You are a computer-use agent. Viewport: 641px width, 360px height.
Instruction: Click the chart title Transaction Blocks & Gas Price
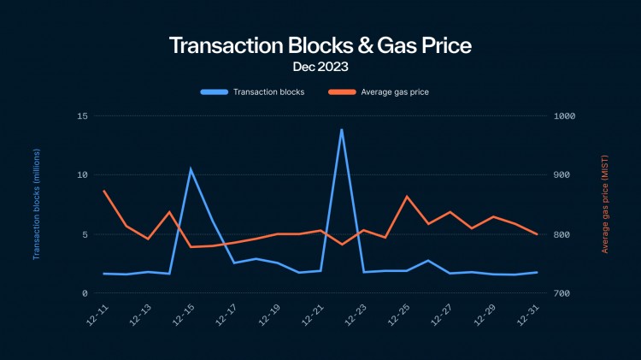click(x=320, y=45)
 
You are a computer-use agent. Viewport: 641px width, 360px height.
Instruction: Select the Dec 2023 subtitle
click(x=320, y=66)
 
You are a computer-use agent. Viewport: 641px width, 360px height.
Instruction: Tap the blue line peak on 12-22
click(x=342, y=130)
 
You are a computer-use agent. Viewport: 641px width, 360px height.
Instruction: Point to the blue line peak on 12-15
click(x=191, y=168)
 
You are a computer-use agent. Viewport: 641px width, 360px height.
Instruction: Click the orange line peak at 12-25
click(x=407, y=197)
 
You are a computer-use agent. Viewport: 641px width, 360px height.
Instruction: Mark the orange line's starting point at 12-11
click(x=104, y=191)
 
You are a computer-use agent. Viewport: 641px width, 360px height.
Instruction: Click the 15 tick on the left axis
click(x=83, y=115)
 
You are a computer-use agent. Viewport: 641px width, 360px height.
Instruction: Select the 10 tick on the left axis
click(x=83, y=174)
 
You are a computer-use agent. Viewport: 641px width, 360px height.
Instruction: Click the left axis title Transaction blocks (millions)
click(x=37, y=204)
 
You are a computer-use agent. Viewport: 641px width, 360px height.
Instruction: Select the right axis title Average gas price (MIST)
click(x=605, y=204)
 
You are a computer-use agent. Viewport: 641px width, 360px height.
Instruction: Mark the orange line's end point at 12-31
click(x=536, y=233)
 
